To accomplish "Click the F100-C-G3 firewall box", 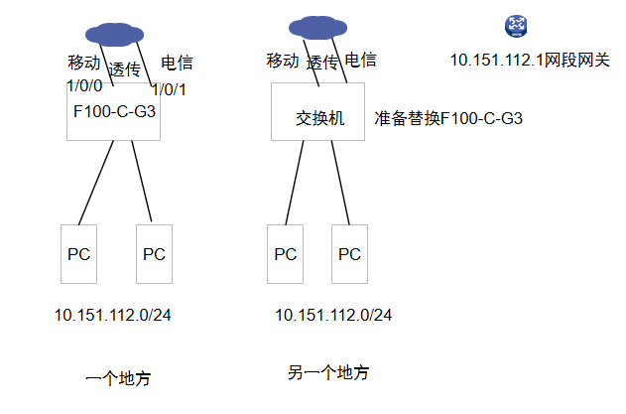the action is (x=113, y=111).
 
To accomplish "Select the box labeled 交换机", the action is (x=317, y=111).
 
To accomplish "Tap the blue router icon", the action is (x=516, y=27).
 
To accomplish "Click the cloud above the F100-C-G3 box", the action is (x=114, y=35).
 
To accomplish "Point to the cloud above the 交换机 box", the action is (x=317, y=28).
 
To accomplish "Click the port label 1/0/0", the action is (x=84, y=86).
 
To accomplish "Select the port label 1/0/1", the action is (x=169, y=90).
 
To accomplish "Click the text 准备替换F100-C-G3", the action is (x=448, y=119).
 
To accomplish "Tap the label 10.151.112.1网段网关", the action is (x=530, y=61).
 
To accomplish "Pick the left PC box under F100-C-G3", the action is (x=78, y=254).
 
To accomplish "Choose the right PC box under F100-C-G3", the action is (x=154, y=254).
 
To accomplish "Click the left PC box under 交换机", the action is (x=285, y=254).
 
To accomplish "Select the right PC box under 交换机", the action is (x=349, y=254).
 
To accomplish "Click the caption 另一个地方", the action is (x=328, y=373).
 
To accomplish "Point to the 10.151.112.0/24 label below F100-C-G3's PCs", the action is (x=112, y=316).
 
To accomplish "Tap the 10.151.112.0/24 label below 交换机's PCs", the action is (x=333, y=316).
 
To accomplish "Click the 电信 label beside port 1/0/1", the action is (x=177, y=64).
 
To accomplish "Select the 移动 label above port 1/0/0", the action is (x=84, y=63).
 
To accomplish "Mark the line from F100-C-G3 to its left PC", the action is (x=96, y=183).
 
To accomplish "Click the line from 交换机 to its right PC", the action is (x=340, y=183).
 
